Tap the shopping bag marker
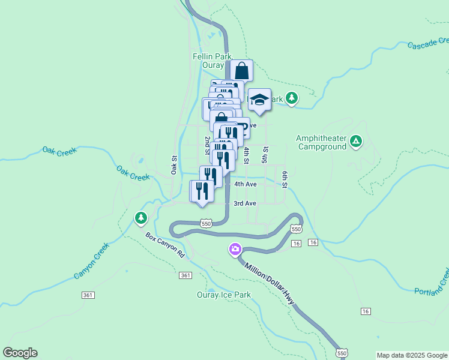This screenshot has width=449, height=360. click(241, 71)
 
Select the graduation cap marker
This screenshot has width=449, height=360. click(259, 100)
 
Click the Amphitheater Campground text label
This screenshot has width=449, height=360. click(321, 142)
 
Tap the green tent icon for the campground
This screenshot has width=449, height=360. click(356, 142)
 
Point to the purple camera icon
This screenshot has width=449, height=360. click(235, 248)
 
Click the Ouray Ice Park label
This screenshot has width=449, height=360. click(224, 295)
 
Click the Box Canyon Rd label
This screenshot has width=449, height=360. click(165, 245)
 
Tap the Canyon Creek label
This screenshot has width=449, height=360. click(92, 261)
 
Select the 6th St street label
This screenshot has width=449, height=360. click(285, 179)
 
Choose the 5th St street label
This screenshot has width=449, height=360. click(265, 154)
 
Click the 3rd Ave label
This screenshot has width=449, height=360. click(245, 203)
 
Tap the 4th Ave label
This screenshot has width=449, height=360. click(246, 184)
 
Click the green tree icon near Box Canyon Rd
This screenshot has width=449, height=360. click(141, 217)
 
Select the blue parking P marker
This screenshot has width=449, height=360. click(241, 127)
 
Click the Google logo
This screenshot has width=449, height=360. click(20, 353)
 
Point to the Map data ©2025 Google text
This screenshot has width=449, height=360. click(412, 355)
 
